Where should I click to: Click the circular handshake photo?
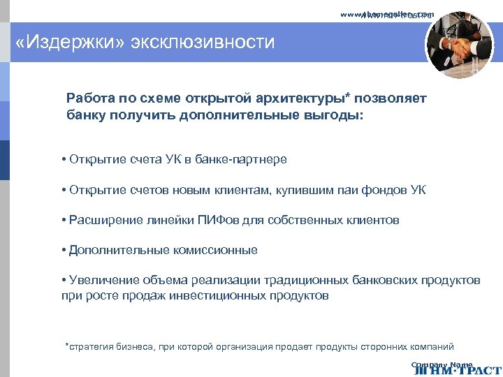click(x=459, y=45)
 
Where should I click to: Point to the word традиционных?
click(x=306, y=281)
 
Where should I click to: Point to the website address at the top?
click(x=388, y=14)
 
